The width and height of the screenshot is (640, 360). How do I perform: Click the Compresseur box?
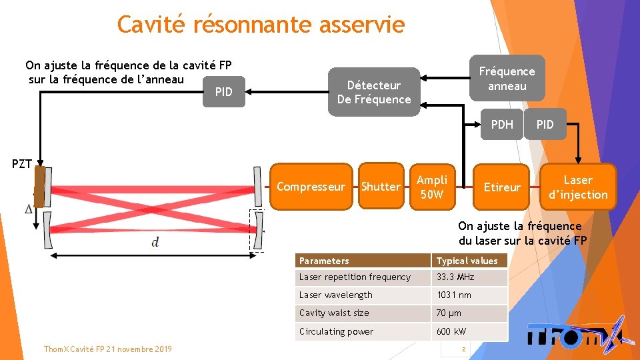311,187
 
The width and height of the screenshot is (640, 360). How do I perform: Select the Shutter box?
381,187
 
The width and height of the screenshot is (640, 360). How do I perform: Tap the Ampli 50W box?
432,187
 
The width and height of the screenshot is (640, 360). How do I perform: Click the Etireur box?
501,187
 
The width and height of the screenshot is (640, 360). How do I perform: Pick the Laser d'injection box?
577,187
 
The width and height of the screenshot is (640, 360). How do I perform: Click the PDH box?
501,124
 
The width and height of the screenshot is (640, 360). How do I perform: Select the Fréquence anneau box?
507,79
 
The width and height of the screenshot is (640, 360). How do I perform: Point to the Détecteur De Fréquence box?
374,92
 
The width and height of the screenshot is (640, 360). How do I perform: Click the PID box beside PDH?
545,124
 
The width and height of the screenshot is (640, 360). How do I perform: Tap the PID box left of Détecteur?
224,92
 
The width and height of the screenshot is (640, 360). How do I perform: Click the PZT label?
22,164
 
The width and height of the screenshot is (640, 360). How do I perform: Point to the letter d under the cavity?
155,242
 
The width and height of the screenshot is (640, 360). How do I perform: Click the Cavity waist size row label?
363,313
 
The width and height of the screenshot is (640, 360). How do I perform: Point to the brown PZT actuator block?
40,187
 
